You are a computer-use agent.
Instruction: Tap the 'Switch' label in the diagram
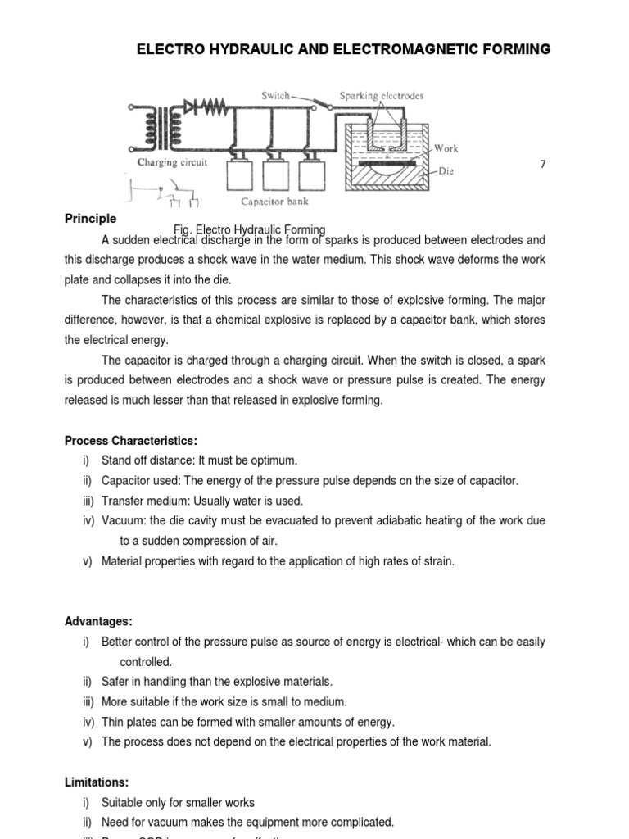tap(275, 96)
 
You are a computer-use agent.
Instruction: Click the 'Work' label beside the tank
tap(446, 148)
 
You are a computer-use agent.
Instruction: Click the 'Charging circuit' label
tap(172, 162)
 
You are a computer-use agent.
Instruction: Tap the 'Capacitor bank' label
tap(274, 201)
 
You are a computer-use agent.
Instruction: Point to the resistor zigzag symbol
tap(210, 105)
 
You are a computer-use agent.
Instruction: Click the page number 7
tap(542, 165)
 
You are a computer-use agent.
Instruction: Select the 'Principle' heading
tap(90, 219)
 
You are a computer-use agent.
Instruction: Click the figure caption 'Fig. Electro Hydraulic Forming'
tap(249, 229)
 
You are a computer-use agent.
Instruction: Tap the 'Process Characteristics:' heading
tap(130, 441)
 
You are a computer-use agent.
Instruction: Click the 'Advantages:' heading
tap(98, 622)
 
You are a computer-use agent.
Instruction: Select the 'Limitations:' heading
tap(97, 782)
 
